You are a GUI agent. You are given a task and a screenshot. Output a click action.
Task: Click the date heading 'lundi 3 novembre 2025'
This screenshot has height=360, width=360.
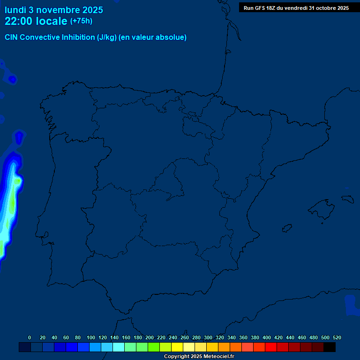tap(54, 10)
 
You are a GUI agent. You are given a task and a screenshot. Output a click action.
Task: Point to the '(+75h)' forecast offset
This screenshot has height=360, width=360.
tap(81, 21)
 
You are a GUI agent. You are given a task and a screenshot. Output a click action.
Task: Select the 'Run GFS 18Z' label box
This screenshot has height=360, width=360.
tap(296, 8)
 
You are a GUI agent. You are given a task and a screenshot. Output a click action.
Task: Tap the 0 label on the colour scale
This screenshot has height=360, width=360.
tap(30, 337)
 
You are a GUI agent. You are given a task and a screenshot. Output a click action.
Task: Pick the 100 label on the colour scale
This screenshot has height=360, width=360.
tap(91, 337)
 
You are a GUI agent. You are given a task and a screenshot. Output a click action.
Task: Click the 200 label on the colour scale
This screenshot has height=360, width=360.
tap(150, 337)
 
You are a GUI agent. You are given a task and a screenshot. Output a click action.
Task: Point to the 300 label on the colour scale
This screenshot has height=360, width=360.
tap(208, 337)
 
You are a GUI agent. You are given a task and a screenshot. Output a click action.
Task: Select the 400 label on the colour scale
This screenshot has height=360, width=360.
tap(267, 337)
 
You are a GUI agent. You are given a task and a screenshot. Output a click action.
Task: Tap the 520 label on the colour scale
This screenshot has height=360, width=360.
tap(337, 337)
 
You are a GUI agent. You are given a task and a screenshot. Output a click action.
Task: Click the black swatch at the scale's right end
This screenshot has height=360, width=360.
tap(330, 347)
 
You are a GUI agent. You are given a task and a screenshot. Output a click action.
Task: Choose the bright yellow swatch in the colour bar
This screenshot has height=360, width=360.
tap(177, 347)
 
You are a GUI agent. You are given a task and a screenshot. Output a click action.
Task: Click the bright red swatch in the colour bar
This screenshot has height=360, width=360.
tap(271, 347)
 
